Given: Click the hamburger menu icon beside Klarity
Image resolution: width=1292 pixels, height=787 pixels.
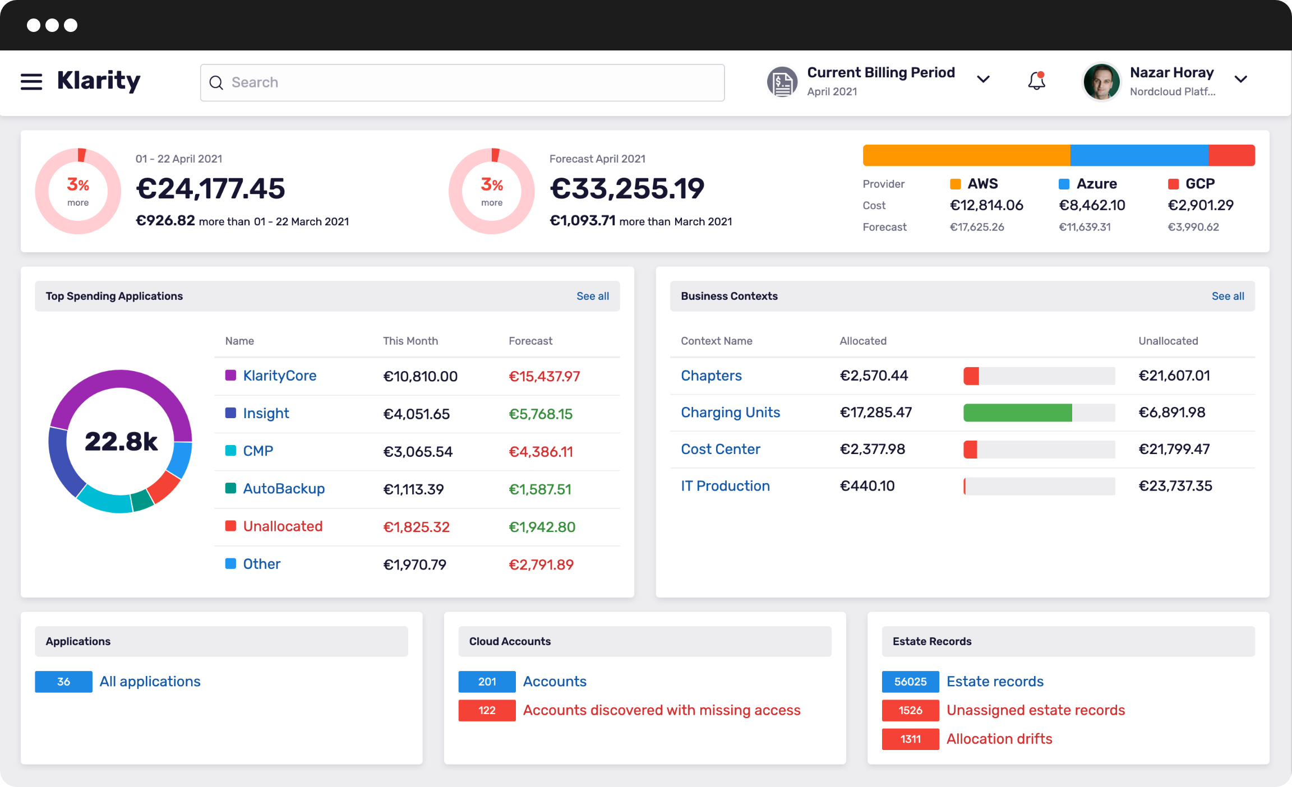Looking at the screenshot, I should click(x=31, y=82).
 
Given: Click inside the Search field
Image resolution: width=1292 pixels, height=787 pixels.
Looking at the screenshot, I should click(x=462, y=82).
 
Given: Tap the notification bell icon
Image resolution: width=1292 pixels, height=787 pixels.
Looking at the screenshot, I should click(x=1036, y=81).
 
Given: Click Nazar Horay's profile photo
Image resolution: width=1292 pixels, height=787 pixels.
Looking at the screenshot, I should click(x=1101, y=82).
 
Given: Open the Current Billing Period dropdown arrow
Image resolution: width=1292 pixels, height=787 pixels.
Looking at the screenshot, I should click(x=983, y=80).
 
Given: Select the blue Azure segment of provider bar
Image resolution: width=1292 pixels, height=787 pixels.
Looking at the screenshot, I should click(x=1139, y=155).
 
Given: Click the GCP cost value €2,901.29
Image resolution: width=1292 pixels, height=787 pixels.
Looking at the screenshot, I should click(x=1200, y=205).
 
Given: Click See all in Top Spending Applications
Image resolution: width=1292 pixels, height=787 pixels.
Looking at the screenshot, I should click(x=592, y=296).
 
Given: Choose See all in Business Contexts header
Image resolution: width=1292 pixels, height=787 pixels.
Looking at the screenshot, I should click(x=1228, y=296).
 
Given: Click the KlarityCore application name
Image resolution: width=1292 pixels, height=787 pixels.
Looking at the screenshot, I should click(x=279, y=376).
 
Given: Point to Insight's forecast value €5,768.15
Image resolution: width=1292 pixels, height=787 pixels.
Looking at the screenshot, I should click(x=540, y=414).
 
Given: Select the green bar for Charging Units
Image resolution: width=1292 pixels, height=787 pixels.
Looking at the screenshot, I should click(x=1017, y=413).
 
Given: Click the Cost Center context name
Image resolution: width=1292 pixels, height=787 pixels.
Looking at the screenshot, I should click(x=720, y=449).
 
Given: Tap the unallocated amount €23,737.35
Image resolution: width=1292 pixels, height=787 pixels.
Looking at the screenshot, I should click(x=1175, y=486).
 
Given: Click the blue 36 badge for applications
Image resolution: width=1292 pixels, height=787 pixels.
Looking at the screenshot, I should click(x=63, y=682).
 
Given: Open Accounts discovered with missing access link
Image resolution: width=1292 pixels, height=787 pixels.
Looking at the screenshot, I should click(x=661, y=710).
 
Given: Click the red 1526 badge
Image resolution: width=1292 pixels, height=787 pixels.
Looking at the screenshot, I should click(x=910, y=710).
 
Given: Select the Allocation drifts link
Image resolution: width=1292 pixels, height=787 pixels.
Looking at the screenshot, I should click(x=999, y=739).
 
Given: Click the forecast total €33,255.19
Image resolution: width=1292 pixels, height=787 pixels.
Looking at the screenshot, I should click(x=626, y=188).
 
